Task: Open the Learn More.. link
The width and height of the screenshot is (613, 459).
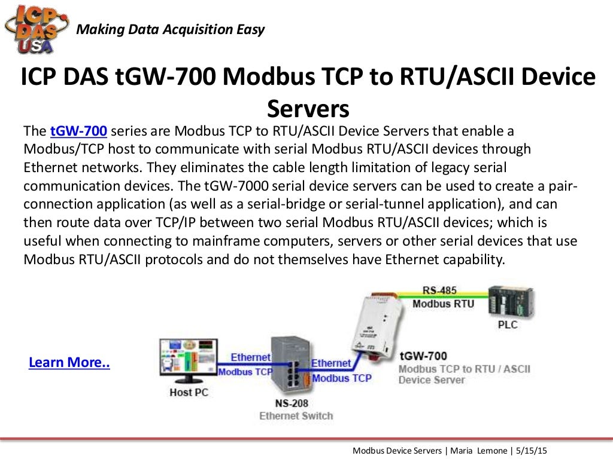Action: [69, 363]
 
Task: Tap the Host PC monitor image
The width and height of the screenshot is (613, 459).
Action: [186, 361]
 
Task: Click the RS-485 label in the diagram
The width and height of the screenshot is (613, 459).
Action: [439, 290]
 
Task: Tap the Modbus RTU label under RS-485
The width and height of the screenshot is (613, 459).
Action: [443, 304]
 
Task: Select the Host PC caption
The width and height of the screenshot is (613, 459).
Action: [189, 393]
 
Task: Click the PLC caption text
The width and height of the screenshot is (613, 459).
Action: [508, 325]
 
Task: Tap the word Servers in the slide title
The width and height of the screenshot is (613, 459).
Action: [308, 108]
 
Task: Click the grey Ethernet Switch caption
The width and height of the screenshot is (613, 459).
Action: [296, 415]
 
